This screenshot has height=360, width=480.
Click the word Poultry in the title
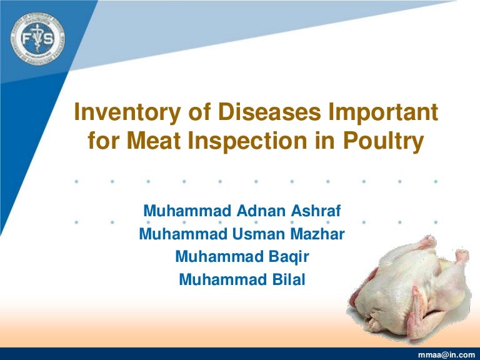click(382, 142)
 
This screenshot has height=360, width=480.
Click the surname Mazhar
click(318, 234)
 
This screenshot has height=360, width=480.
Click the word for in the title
click(102, 142)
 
